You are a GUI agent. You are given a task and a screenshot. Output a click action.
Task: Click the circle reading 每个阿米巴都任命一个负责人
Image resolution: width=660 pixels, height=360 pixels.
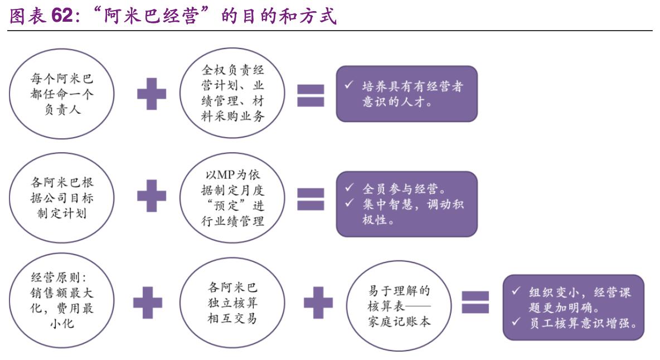point(62,94)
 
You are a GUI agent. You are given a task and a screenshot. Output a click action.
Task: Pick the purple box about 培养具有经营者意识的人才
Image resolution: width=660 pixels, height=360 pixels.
point(406,94)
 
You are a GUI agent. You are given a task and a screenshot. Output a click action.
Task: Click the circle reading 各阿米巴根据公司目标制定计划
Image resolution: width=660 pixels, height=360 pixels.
point(62,198)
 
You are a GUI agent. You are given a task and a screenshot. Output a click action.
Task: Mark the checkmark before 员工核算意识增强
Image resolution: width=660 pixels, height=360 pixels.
point(516,323)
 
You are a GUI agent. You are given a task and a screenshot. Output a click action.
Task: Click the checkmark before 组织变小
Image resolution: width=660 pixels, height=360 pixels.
point(516,292)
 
